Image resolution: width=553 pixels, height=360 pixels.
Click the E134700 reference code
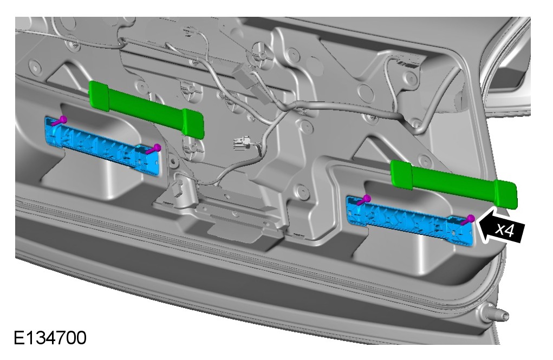50,338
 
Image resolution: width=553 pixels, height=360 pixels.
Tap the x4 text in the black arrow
505,230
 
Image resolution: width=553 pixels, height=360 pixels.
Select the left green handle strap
146,108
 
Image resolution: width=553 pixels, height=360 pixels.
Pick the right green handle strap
453,183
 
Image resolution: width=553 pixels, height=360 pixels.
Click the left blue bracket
102,145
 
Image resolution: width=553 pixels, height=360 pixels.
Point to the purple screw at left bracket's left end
60,121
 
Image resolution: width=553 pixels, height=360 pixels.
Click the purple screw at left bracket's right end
153,149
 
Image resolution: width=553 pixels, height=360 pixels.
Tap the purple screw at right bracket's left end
363,200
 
